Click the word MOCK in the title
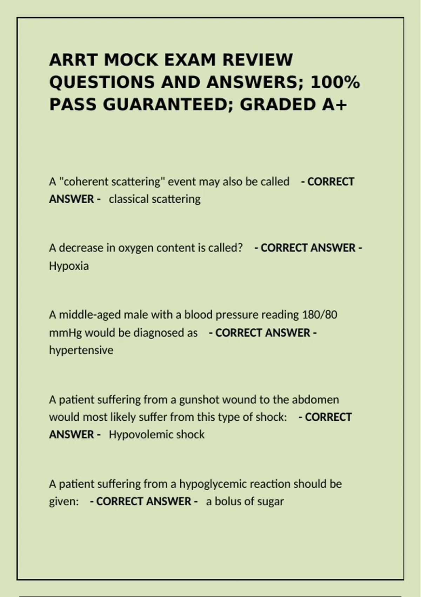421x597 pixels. pyautogui.click(x=131, y=60)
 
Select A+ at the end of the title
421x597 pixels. pyautogui.click(x=334, y=105)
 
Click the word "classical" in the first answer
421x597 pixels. pyautogui.click(x=129, y=199)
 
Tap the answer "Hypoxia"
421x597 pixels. pyautogui.click(x=69, y=266)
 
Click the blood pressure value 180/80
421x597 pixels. pyautogui.click(x=319, y=315)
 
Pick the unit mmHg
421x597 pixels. pyautogui.click(x=65, y=333)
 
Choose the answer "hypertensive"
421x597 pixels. pyautogui.click(x=81, y=350)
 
